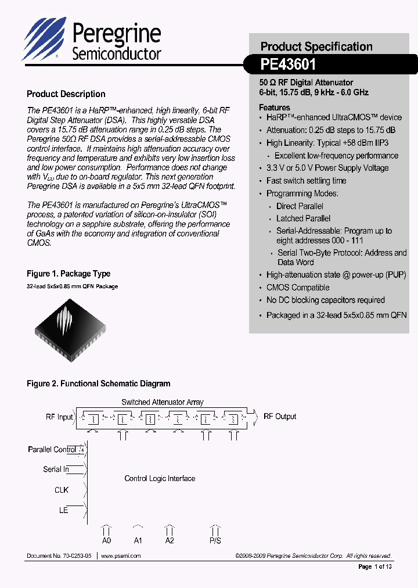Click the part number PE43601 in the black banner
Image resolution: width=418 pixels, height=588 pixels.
(289, 65)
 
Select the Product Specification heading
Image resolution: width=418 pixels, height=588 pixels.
(316, 46)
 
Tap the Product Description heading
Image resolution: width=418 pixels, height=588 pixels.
(66, 94)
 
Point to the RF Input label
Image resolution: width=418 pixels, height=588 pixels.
(59, 417)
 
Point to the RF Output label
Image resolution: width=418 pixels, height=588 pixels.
(280, 417)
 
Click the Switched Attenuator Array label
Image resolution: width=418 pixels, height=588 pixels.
(162, 402)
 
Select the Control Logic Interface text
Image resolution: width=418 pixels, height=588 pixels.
(160, 479)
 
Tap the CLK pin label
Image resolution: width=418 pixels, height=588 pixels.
(62, 490)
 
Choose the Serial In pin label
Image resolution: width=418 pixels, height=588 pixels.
(56, 469)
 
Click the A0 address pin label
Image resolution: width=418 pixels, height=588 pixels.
(106, 541)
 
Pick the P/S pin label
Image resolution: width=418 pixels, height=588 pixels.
(215, 541)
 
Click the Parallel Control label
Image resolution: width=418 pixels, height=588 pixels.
(52, 450)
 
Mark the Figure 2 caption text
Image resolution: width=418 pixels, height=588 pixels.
(99, 383)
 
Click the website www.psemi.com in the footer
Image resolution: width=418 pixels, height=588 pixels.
(121, 556)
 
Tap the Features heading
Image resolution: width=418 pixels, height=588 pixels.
(275, 107)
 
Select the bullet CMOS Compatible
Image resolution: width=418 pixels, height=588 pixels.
(297, 288)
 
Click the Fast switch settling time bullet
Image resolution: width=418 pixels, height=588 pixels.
(306, 181)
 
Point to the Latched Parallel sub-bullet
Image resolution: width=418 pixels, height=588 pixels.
(303, 218)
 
